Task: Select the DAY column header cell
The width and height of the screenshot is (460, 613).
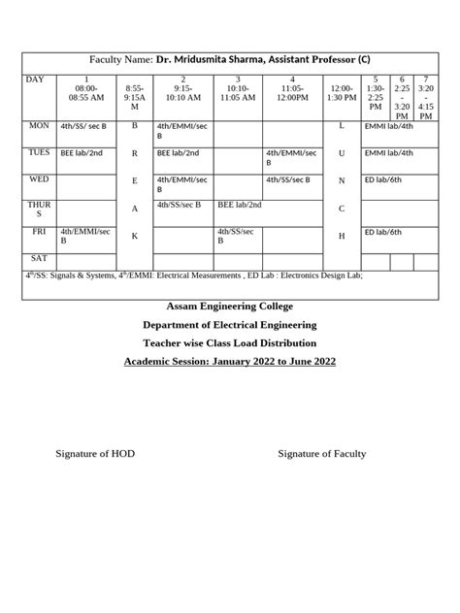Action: [36, 80]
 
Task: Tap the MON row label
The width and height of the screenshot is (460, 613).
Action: [39, 126]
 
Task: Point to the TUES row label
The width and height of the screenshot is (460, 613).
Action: [40, 152]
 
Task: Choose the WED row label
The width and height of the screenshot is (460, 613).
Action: [39, 179]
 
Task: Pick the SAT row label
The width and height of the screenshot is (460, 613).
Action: [38, 258]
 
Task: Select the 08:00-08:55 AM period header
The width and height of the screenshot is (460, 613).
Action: [86, 91]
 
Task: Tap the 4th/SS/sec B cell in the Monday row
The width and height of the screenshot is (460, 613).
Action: [83, 126]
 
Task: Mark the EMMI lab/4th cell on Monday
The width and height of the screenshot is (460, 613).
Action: [388, 126]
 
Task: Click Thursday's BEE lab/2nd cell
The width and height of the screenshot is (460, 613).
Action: [240, 206]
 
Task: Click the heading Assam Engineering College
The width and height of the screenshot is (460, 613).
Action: [230, 307]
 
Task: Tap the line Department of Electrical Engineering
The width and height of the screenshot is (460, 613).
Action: [230, 325]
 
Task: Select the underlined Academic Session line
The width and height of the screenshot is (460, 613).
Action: [230, 362]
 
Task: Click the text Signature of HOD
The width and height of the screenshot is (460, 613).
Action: [96, 454]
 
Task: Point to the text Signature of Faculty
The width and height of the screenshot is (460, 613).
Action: [321, 454]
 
